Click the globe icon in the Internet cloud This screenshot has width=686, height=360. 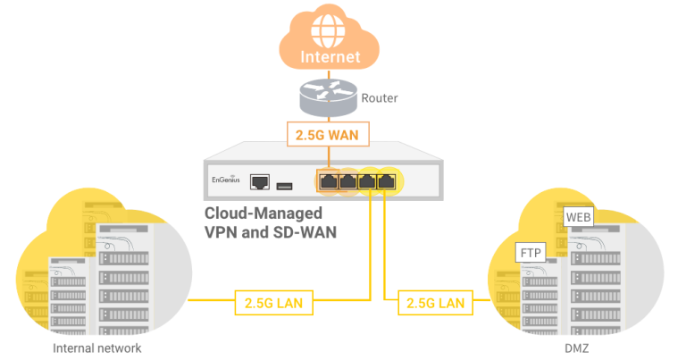click(x=330, y=30)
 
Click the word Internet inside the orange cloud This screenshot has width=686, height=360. click(x=330, y=57)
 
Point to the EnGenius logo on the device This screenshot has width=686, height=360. click(x=225, y=180)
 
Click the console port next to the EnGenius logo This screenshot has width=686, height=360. click(x=261, y=181)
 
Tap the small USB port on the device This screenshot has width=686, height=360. click(x=285, y=185)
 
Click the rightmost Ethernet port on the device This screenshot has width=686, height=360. click(x=386, y=181)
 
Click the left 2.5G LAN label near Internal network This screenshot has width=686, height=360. click(x=272, y=303)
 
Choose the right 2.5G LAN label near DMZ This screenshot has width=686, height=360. click(x=435, y=303)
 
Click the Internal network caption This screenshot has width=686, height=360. click(x=96, y=348)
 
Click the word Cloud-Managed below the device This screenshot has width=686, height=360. click(x=264, y=214)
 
